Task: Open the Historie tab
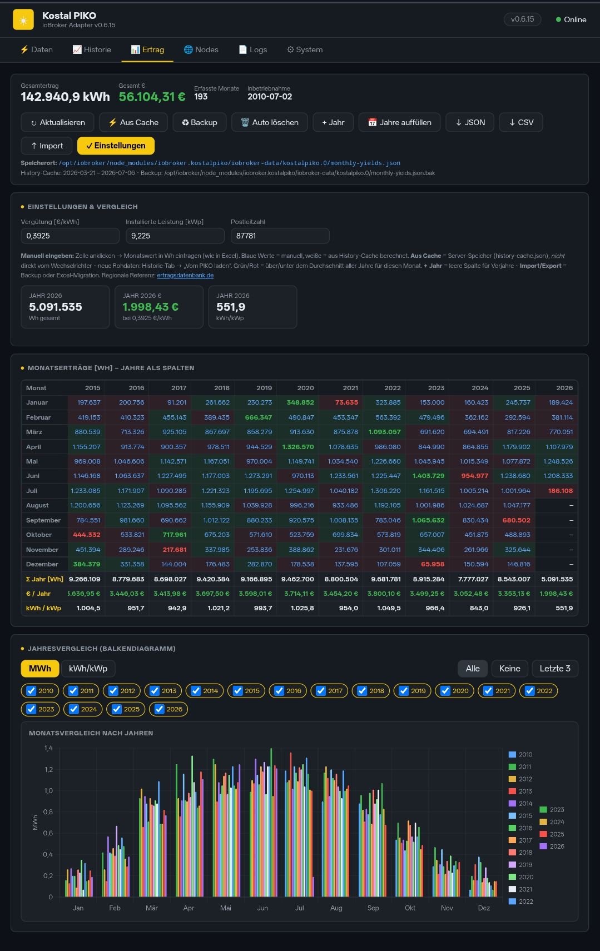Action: click(x=92, y=49)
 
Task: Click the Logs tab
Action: click(x=253, y=49)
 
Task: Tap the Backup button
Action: click(x=199, y=122)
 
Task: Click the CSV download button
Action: click(x=521, y=122)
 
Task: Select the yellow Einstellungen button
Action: click(x=116, y=146)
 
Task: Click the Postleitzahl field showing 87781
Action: click(x=280, y=236)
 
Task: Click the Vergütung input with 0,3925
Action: click(x=70, y=236)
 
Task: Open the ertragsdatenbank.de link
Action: click(x=185, y=275)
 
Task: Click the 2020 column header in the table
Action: click(x=305, y=387)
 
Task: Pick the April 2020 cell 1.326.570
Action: click(x=297, y=447)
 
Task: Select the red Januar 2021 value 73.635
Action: click(x=346, y=402)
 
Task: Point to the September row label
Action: click(x=43, y=520)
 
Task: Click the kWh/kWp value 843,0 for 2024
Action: click(x=479, y=608)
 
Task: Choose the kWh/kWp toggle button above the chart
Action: click(x=88, y=668)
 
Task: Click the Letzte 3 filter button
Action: click(x=554, y=668)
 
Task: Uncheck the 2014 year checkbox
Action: click(x=196, y=691)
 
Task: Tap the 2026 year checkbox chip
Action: click(x=168, y=709)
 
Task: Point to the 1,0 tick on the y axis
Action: click(x=48, y=790)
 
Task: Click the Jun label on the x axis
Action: click(x=262, y=908)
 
